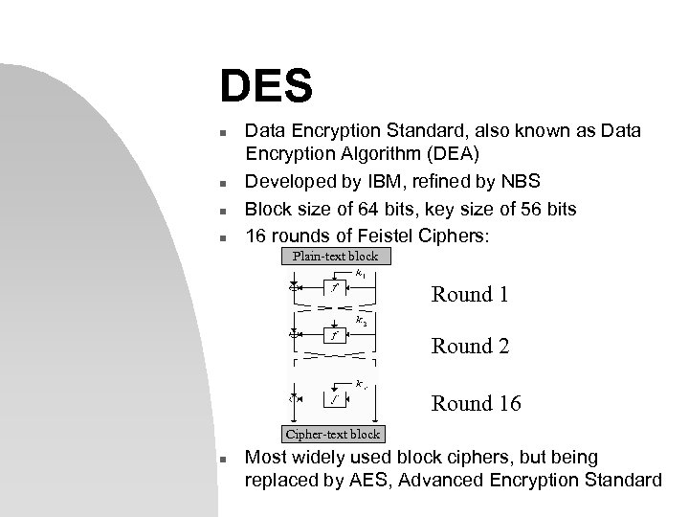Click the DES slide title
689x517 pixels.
pos(266,87)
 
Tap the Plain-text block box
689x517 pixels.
pos(336,256)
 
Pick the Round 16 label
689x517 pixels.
pos(477,404)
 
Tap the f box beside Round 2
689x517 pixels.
pos(334,336)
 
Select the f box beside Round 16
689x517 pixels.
pos(334,397)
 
